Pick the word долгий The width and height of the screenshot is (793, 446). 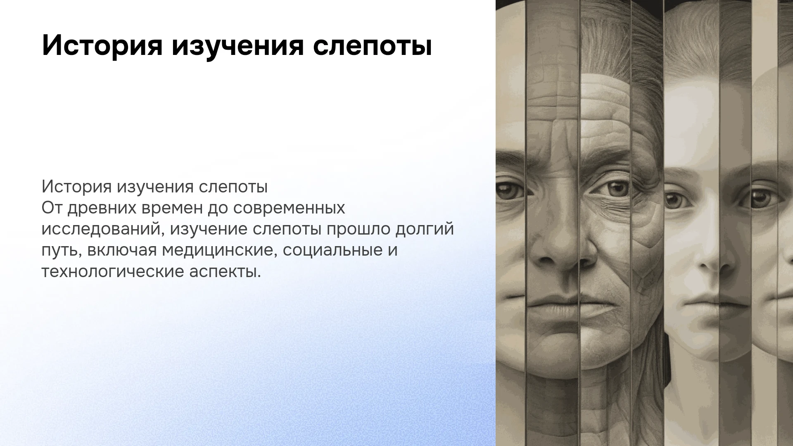click(424, 230)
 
